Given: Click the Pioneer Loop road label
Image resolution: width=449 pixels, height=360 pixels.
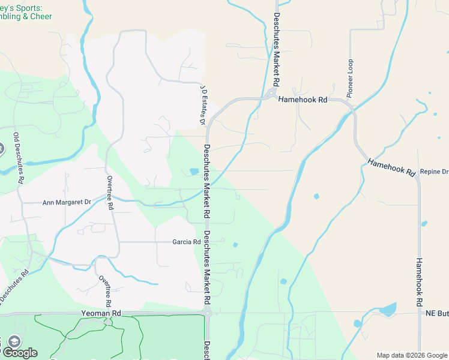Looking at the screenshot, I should coord(350,79).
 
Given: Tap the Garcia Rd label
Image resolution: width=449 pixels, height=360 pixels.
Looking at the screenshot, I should coord(186,242).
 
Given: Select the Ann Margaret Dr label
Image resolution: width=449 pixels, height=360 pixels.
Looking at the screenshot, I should coord(67,203).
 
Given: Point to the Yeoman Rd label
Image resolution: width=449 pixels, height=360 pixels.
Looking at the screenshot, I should coord(101,313).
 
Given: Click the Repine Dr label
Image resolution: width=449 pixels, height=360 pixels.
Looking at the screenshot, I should coord(434,172).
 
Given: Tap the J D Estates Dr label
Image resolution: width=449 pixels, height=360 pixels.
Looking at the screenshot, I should coord(203,106).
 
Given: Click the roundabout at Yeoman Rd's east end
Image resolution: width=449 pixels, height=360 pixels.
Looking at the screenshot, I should coord(207,313).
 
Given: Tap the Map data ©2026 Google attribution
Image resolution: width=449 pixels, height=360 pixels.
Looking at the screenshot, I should coord(411,355).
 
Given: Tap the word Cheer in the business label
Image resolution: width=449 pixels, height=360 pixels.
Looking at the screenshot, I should coord(41,17).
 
